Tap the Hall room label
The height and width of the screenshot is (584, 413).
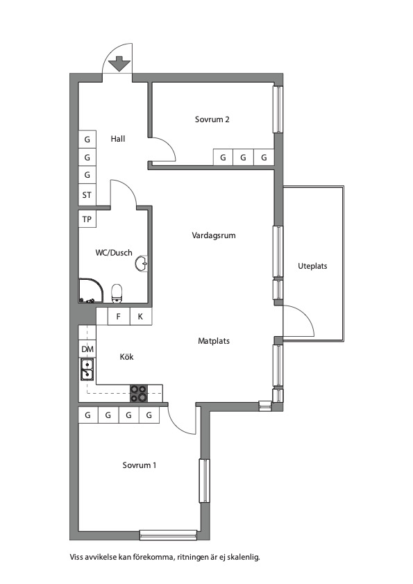(x=118, y=139)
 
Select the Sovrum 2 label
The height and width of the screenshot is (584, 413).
(x=212, y=119)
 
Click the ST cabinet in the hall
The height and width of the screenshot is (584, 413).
(x=87, y=195)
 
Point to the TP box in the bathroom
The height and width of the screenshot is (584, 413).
(x=87, y=219)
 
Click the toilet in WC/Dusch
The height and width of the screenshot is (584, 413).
(x=117, y=294)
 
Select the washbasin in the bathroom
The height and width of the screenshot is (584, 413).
(x=142, y=264)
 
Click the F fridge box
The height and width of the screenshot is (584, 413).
(x=119, y=317)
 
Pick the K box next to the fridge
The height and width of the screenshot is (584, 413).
(x=141, y=317)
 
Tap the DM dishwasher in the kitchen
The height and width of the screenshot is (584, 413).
(x=87, y=349)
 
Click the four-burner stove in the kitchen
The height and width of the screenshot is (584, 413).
(x=139, y=394)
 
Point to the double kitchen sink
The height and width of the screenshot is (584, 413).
(x=87, y=369)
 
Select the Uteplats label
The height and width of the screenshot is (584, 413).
(x=312, y=266)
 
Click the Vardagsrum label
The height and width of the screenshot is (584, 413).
(x=214, y=236)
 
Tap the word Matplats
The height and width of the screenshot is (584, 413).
(x=214, y=341)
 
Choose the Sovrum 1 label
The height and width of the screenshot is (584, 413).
(x=140, y=465)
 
